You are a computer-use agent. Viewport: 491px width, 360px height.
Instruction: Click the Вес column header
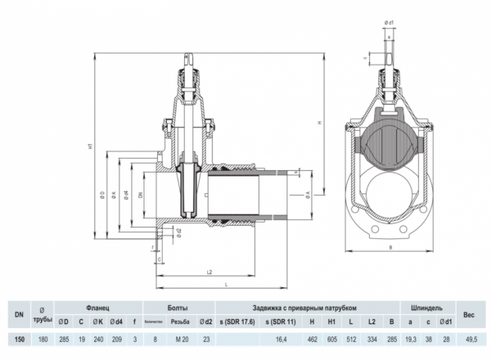click(x=469, y=313)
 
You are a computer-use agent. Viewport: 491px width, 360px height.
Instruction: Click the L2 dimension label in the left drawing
click(x=209, y=271)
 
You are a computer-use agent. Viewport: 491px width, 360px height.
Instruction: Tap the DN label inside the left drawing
click(x=141, y=196)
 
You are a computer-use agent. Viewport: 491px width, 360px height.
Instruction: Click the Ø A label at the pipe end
click(x=307, y=194)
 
